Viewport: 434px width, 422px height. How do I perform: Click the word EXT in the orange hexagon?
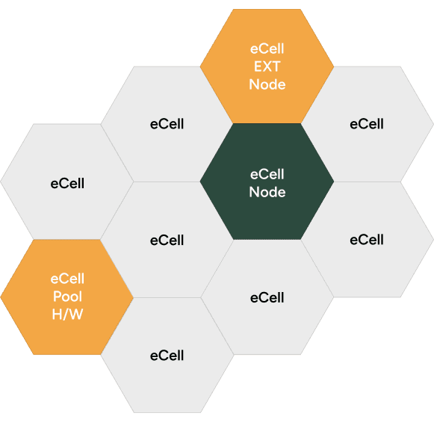pos(267,66)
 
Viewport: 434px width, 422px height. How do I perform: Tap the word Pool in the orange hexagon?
pos(67,297)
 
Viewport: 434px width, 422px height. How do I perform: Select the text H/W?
pos(67,314)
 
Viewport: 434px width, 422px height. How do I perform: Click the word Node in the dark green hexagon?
pos(267,192)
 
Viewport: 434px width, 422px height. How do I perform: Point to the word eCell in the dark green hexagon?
pos(267,174)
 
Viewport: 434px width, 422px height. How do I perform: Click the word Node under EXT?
pos(267,84)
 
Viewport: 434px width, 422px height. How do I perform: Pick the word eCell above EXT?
pos(267,49)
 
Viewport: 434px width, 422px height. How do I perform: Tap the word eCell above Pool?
pos(67,279)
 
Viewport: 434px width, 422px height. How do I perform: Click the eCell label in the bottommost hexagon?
pos(167,356)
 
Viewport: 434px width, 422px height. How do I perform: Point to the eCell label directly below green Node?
pos(267,297)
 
